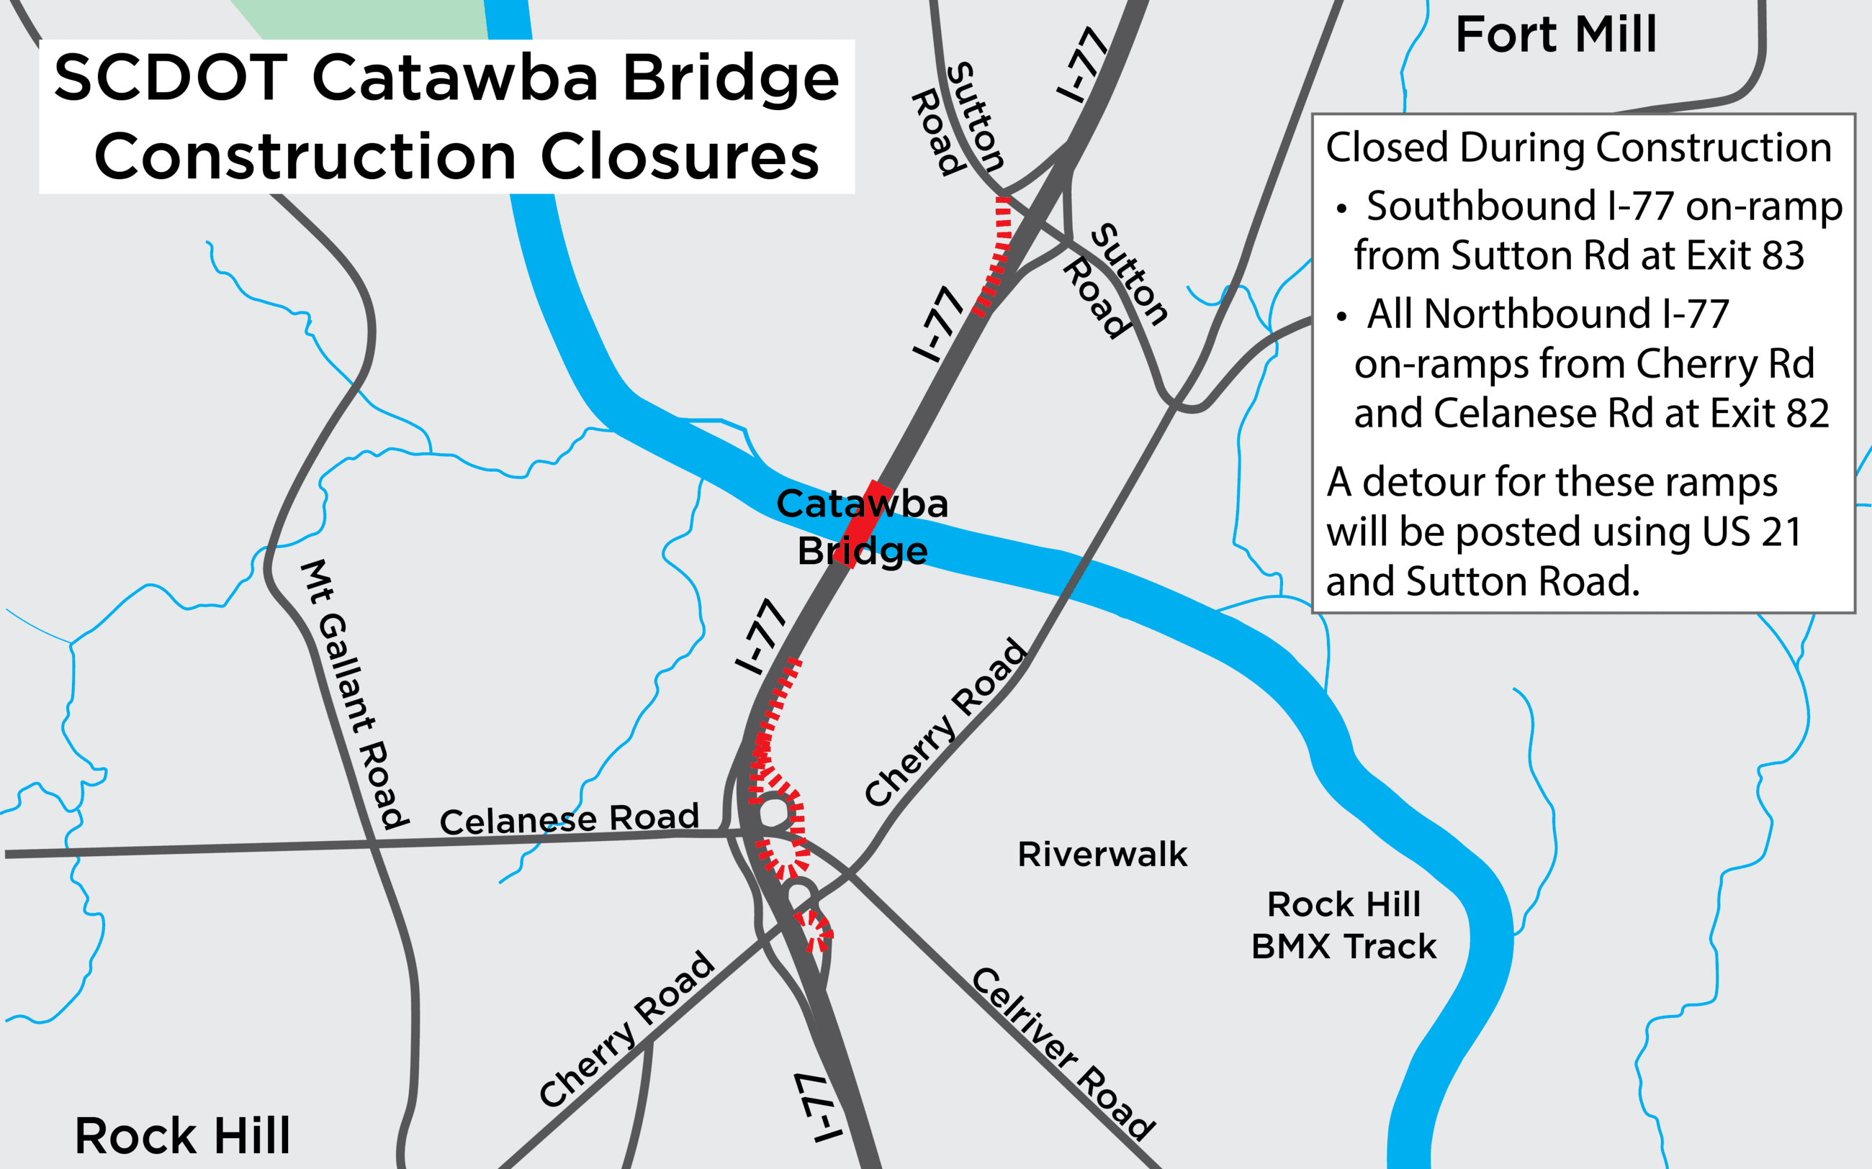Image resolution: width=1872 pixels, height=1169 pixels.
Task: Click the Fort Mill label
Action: click(1556, 35)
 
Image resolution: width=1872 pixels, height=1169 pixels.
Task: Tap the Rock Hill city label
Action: click(183, 1135)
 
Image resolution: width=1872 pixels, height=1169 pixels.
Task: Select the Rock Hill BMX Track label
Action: click(1344, 924)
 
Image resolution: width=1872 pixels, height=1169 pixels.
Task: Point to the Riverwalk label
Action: click(1102, 855)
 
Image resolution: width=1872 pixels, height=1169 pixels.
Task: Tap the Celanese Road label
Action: click(570, 819)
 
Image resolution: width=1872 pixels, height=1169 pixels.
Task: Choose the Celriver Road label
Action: click(1063, 1053)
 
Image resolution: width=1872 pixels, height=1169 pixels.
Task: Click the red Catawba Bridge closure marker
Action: click(863, 524)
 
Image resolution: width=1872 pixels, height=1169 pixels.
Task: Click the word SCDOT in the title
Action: click(171, 78)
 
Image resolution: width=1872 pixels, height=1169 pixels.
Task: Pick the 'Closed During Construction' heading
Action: click(1578, 147)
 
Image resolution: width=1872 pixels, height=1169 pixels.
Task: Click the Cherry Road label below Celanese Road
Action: click(626, 1029)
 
